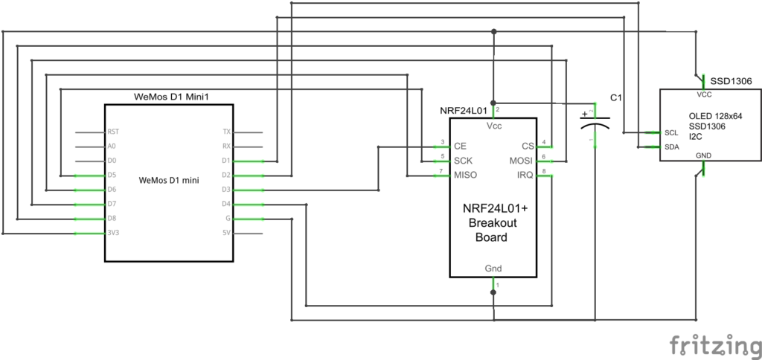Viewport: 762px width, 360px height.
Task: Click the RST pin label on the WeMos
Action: click(x=113, y=132)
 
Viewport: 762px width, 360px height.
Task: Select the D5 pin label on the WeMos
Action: click(x=112, y=175)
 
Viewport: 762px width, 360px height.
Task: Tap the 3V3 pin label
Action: click(x=113, y=233)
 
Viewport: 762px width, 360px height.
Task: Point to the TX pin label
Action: click(x=226, y=132)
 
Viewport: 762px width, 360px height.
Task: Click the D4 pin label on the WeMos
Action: click(x=226, y=204)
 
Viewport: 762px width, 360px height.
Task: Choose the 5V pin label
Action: click(x=226, y=233)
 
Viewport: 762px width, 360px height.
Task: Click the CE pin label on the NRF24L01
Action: click(x=460, y=147)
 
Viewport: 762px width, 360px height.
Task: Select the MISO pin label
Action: click(x=465, y=175)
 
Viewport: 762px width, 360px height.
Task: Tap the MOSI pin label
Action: click(x=521, y=161)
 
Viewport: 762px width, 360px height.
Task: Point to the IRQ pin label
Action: click(x=525, y=175)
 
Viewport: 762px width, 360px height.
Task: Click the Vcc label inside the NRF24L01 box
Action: click(x=493, y=126)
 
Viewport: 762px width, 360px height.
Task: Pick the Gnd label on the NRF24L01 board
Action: click(x=493, y=269)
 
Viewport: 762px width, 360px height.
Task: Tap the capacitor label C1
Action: click(x=615, y=98)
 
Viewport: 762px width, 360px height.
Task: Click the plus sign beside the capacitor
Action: click(x=583, y=115)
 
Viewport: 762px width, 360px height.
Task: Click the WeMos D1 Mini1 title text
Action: click(x=172, y=97)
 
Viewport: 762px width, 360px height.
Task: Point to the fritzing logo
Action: click(x=716, y=346)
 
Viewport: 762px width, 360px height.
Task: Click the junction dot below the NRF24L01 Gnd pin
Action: click(x=493, y=292)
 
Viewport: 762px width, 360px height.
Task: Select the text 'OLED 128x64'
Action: click(x=716, y=117)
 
